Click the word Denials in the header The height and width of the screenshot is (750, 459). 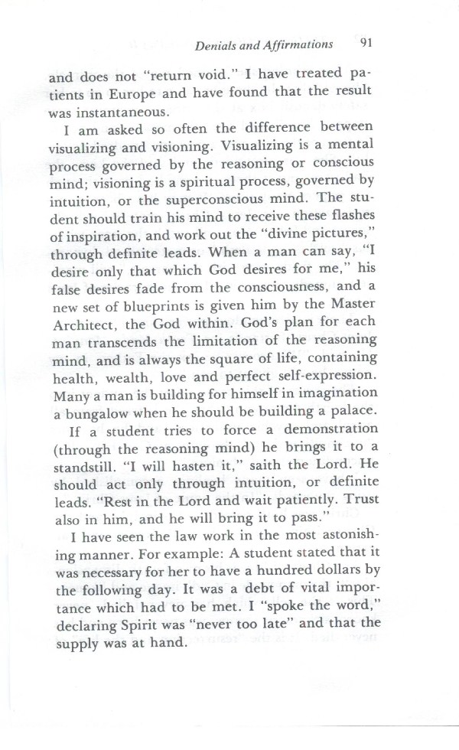(x=216, y=44)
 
